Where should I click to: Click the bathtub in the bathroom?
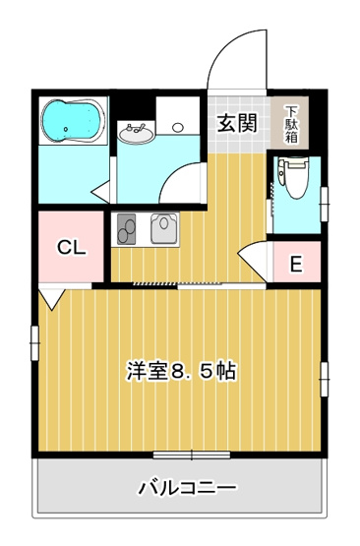click(72, 120)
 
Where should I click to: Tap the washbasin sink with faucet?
click(135, 131)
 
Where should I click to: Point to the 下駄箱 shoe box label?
click(292, 124)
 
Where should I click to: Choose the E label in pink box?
click(294, 263)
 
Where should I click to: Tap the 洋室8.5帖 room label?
click(180, 371)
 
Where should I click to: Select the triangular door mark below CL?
click(51, 296)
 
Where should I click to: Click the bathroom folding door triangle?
click(101, 190)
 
